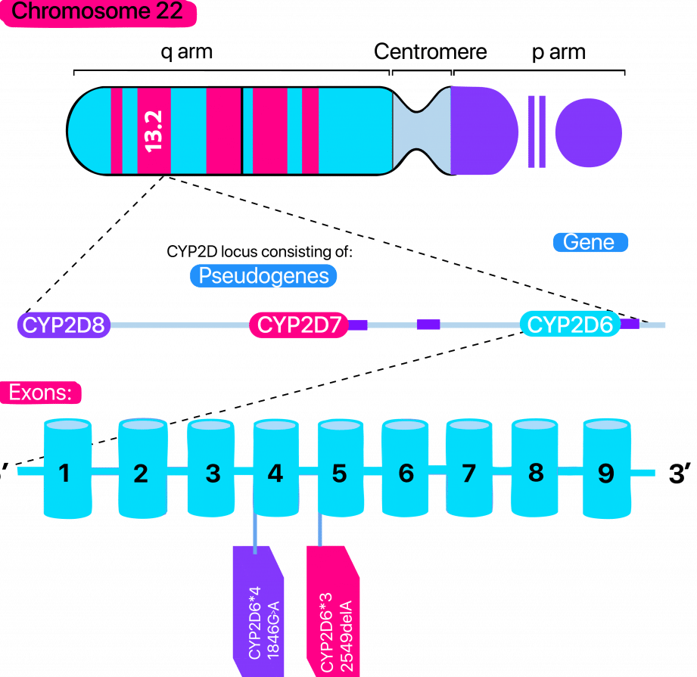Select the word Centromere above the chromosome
click(431, 52)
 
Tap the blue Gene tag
click(590, 242)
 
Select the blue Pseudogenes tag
click(262, 275)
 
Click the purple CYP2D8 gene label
click(64, 325)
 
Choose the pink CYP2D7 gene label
click(299, 325)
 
